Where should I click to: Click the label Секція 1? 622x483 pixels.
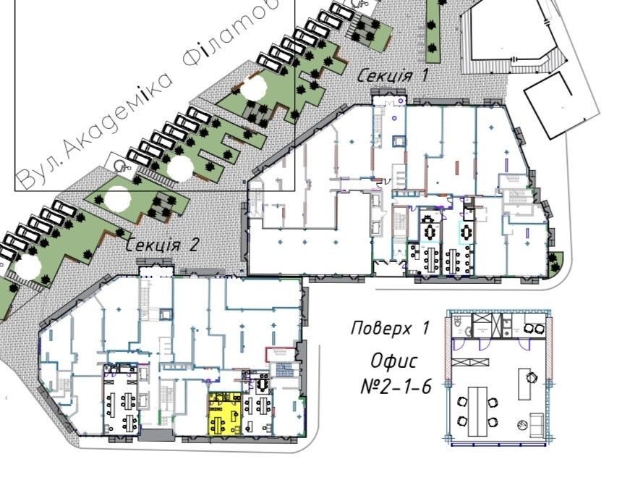[x=393, y=75]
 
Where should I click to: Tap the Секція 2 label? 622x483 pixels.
[x=162, y=245]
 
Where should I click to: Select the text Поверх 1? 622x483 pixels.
[x=390, y=329]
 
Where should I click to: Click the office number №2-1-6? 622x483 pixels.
[x=396, y=387]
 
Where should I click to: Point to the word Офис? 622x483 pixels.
[x=394, y=361]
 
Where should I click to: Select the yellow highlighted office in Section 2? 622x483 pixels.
[x=225, y=414]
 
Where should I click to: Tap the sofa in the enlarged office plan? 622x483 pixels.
[x=537, y=424]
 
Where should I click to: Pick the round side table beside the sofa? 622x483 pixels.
[x=522, y=425]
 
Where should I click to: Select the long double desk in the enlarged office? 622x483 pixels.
[x=477, y=411]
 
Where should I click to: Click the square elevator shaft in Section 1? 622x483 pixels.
[x=399, y=141]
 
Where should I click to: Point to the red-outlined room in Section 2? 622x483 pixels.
[x=281, y=355]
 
